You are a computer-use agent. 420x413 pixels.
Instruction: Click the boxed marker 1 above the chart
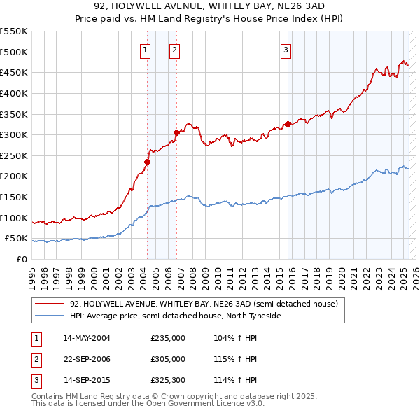point(145,49)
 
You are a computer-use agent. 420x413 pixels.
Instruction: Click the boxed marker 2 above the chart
point(174,49)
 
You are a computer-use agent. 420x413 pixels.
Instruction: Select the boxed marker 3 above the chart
point(286,49)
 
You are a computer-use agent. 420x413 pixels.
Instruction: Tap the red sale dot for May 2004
point(147,162)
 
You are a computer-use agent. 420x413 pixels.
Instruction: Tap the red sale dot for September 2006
point(176,132)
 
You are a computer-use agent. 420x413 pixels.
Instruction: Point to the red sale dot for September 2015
point(288,124)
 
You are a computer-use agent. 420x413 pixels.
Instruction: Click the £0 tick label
point(21,259)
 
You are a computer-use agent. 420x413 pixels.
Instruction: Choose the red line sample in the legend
point(49,304)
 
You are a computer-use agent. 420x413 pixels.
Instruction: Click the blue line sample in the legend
point(49,316)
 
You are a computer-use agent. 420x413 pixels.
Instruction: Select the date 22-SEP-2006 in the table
point(87,359)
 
